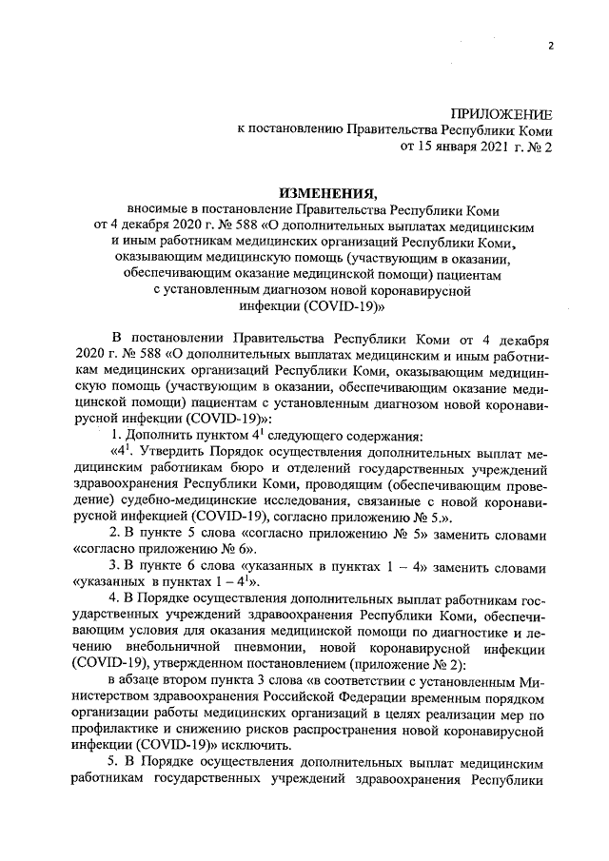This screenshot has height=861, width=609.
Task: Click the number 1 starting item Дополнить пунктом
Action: click(x=117, y=435)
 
